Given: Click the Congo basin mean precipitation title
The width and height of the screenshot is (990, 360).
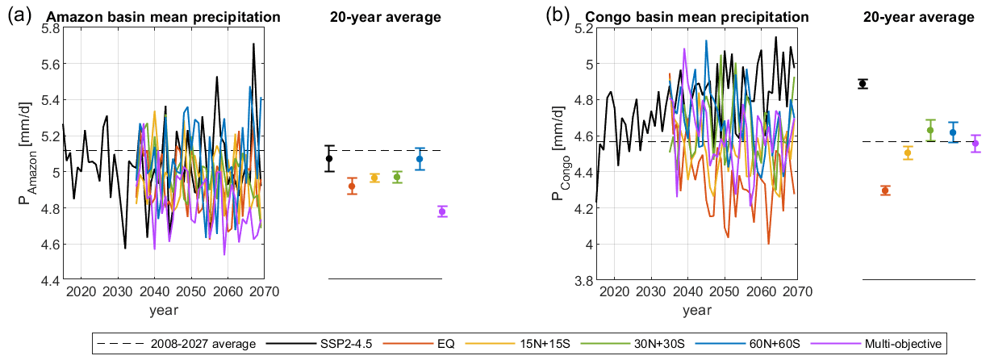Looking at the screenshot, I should tap(706, 16).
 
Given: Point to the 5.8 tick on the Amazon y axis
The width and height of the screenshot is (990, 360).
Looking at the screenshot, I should tap(48, 28).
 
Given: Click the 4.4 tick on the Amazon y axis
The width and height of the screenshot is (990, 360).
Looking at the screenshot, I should tap(48, 280).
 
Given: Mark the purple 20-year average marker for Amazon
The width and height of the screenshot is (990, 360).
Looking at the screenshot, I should tap(442, 211).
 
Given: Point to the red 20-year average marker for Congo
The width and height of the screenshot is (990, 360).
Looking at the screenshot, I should tap(885, 190).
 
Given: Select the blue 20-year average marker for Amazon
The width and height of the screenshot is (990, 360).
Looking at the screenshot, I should tap(420, 159).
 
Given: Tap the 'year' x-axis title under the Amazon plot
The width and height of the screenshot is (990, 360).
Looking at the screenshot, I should tap(164, 309).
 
